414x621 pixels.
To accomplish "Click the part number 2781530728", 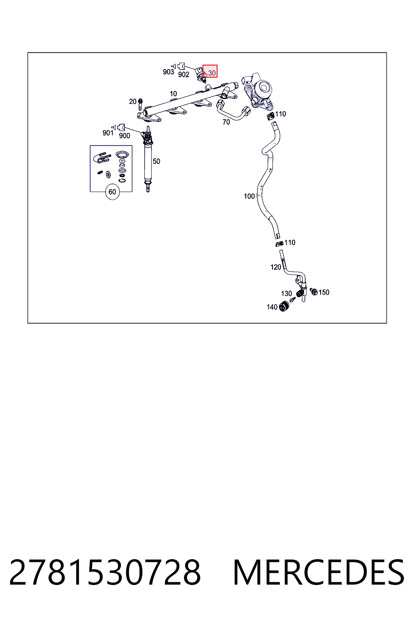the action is pyautogui.click(x=105, y=572).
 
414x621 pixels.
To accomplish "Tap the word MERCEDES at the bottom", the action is pyautogui.click(x=319, y=572).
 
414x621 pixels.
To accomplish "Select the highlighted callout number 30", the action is pyautogui.click(x=212, y=73).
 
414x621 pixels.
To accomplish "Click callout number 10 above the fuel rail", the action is pyautogui.click(x=173, y=94).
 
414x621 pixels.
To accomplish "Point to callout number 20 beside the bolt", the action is pyautogui.click(x=133, y=101).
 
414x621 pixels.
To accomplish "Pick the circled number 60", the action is pyautogui.click(x=112, y=192).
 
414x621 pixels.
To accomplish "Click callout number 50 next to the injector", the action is pyautogui.click(x=156, y=161).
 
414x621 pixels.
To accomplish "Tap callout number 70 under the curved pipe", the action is pyautogui.click(x=226, y=122).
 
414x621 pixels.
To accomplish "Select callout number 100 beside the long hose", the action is pyautogui.click(x=249, y=196).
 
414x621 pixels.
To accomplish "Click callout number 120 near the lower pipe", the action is pyautogui.click(x=276, y=267).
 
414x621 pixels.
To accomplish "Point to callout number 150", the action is pyautogui.click(x=324, y=292).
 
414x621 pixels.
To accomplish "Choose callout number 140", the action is pyautogui.click(x=272, y=307).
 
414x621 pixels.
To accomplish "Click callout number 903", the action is pyautogui.click(x=168, y=72).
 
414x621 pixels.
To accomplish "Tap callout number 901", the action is pyautogui.click(x=108, y=133).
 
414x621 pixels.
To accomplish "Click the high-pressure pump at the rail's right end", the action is pyautogui.click(x=257, y=90).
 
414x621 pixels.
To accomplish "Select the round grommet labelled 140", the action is pyautogui.click(x=284, y=306).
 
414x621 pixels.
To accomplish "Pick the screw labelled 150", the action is pyautogui.click(x=314, y=291).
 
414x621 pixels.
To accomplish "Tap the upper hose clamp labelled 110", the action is pyautogui.click(x=270, y=116).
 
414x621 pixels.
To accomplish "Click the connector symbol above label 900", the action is pyautogui.click(x=121, y=127).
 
